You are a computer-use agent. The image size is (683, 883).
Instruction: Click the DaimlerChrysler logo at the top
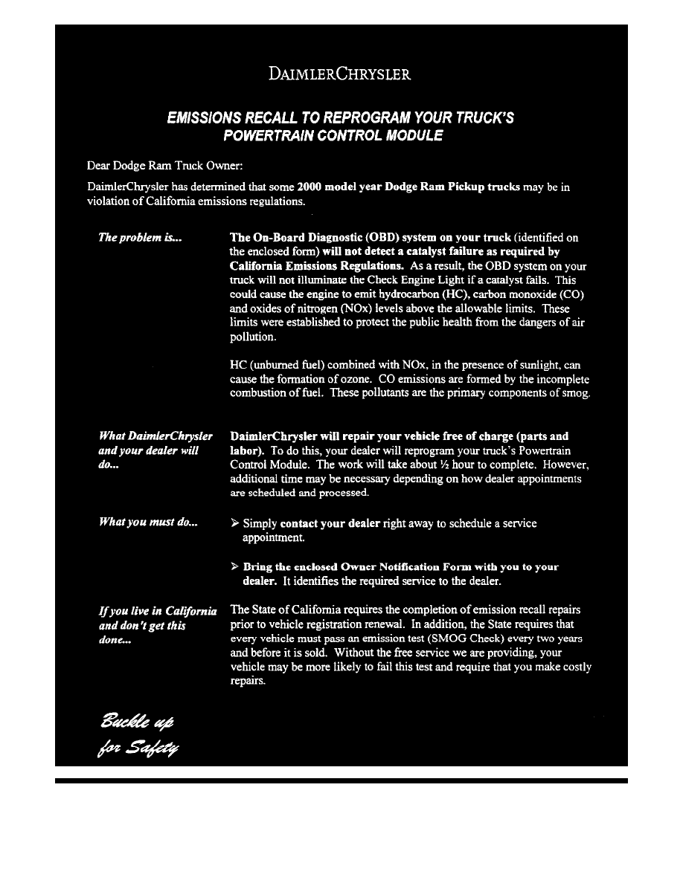pyautogui.click(x=339, y=74)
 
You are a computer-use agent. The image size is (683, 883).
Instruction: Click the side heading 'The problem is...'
pyautogui.click(x=141, y=238)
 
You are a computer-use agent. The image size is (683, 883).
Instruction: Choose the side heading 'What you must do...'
pyautogui.click(x=148, y=523)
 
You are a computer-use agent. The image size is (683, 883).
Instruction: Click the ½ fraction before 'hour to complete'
pyautogui.click(x=441, y=465)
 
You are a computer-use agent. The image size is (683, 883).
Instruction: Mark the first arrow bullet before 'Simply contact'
pyautogui.click(x=235, y=523)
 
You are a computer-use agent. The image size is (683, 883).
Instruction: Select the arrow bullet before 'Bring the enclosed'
pyautogui.click(x=235, y=566)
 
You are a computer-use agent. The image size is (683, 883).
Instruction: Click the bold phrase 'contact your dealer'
pyautogui.click(x=330, y=523)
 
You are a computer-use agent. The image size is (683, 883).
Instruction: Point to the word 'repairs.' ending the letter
pyautogui.click(x=248, y=681)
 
